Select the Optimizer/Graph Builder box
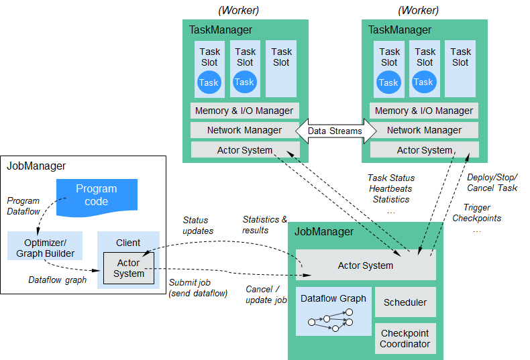click(45, 245)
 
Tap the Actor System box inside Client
click(128, 268)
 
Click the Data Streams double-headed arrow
click(336, 131)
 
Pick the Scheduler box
click(405, 302)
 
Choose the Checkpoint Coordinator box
click(405, 339)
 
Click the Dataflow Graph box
click(333, 311)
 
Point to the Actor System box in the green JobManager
click(366, 265)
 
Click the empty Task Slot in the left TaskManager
click(281, 69)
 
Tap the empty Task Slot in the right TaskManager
click(460, 69)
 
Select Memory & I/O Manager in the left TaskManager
click(245, 111)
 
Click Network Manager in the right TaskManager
click(424, 130)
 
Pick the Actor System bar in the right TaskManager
click(425, 149)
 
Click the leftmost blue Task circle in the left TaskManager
click(209, 82)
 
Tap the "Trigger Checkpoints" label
click(476, 213)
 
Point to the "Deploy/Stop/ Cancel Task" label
click(492, 183)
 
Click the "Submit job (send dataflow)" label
click(198, 288)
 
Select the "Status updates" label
click(198, 225)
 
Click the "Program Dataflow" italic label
click(23, 206)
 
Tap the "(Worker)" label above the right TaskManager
click(418, 11)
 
